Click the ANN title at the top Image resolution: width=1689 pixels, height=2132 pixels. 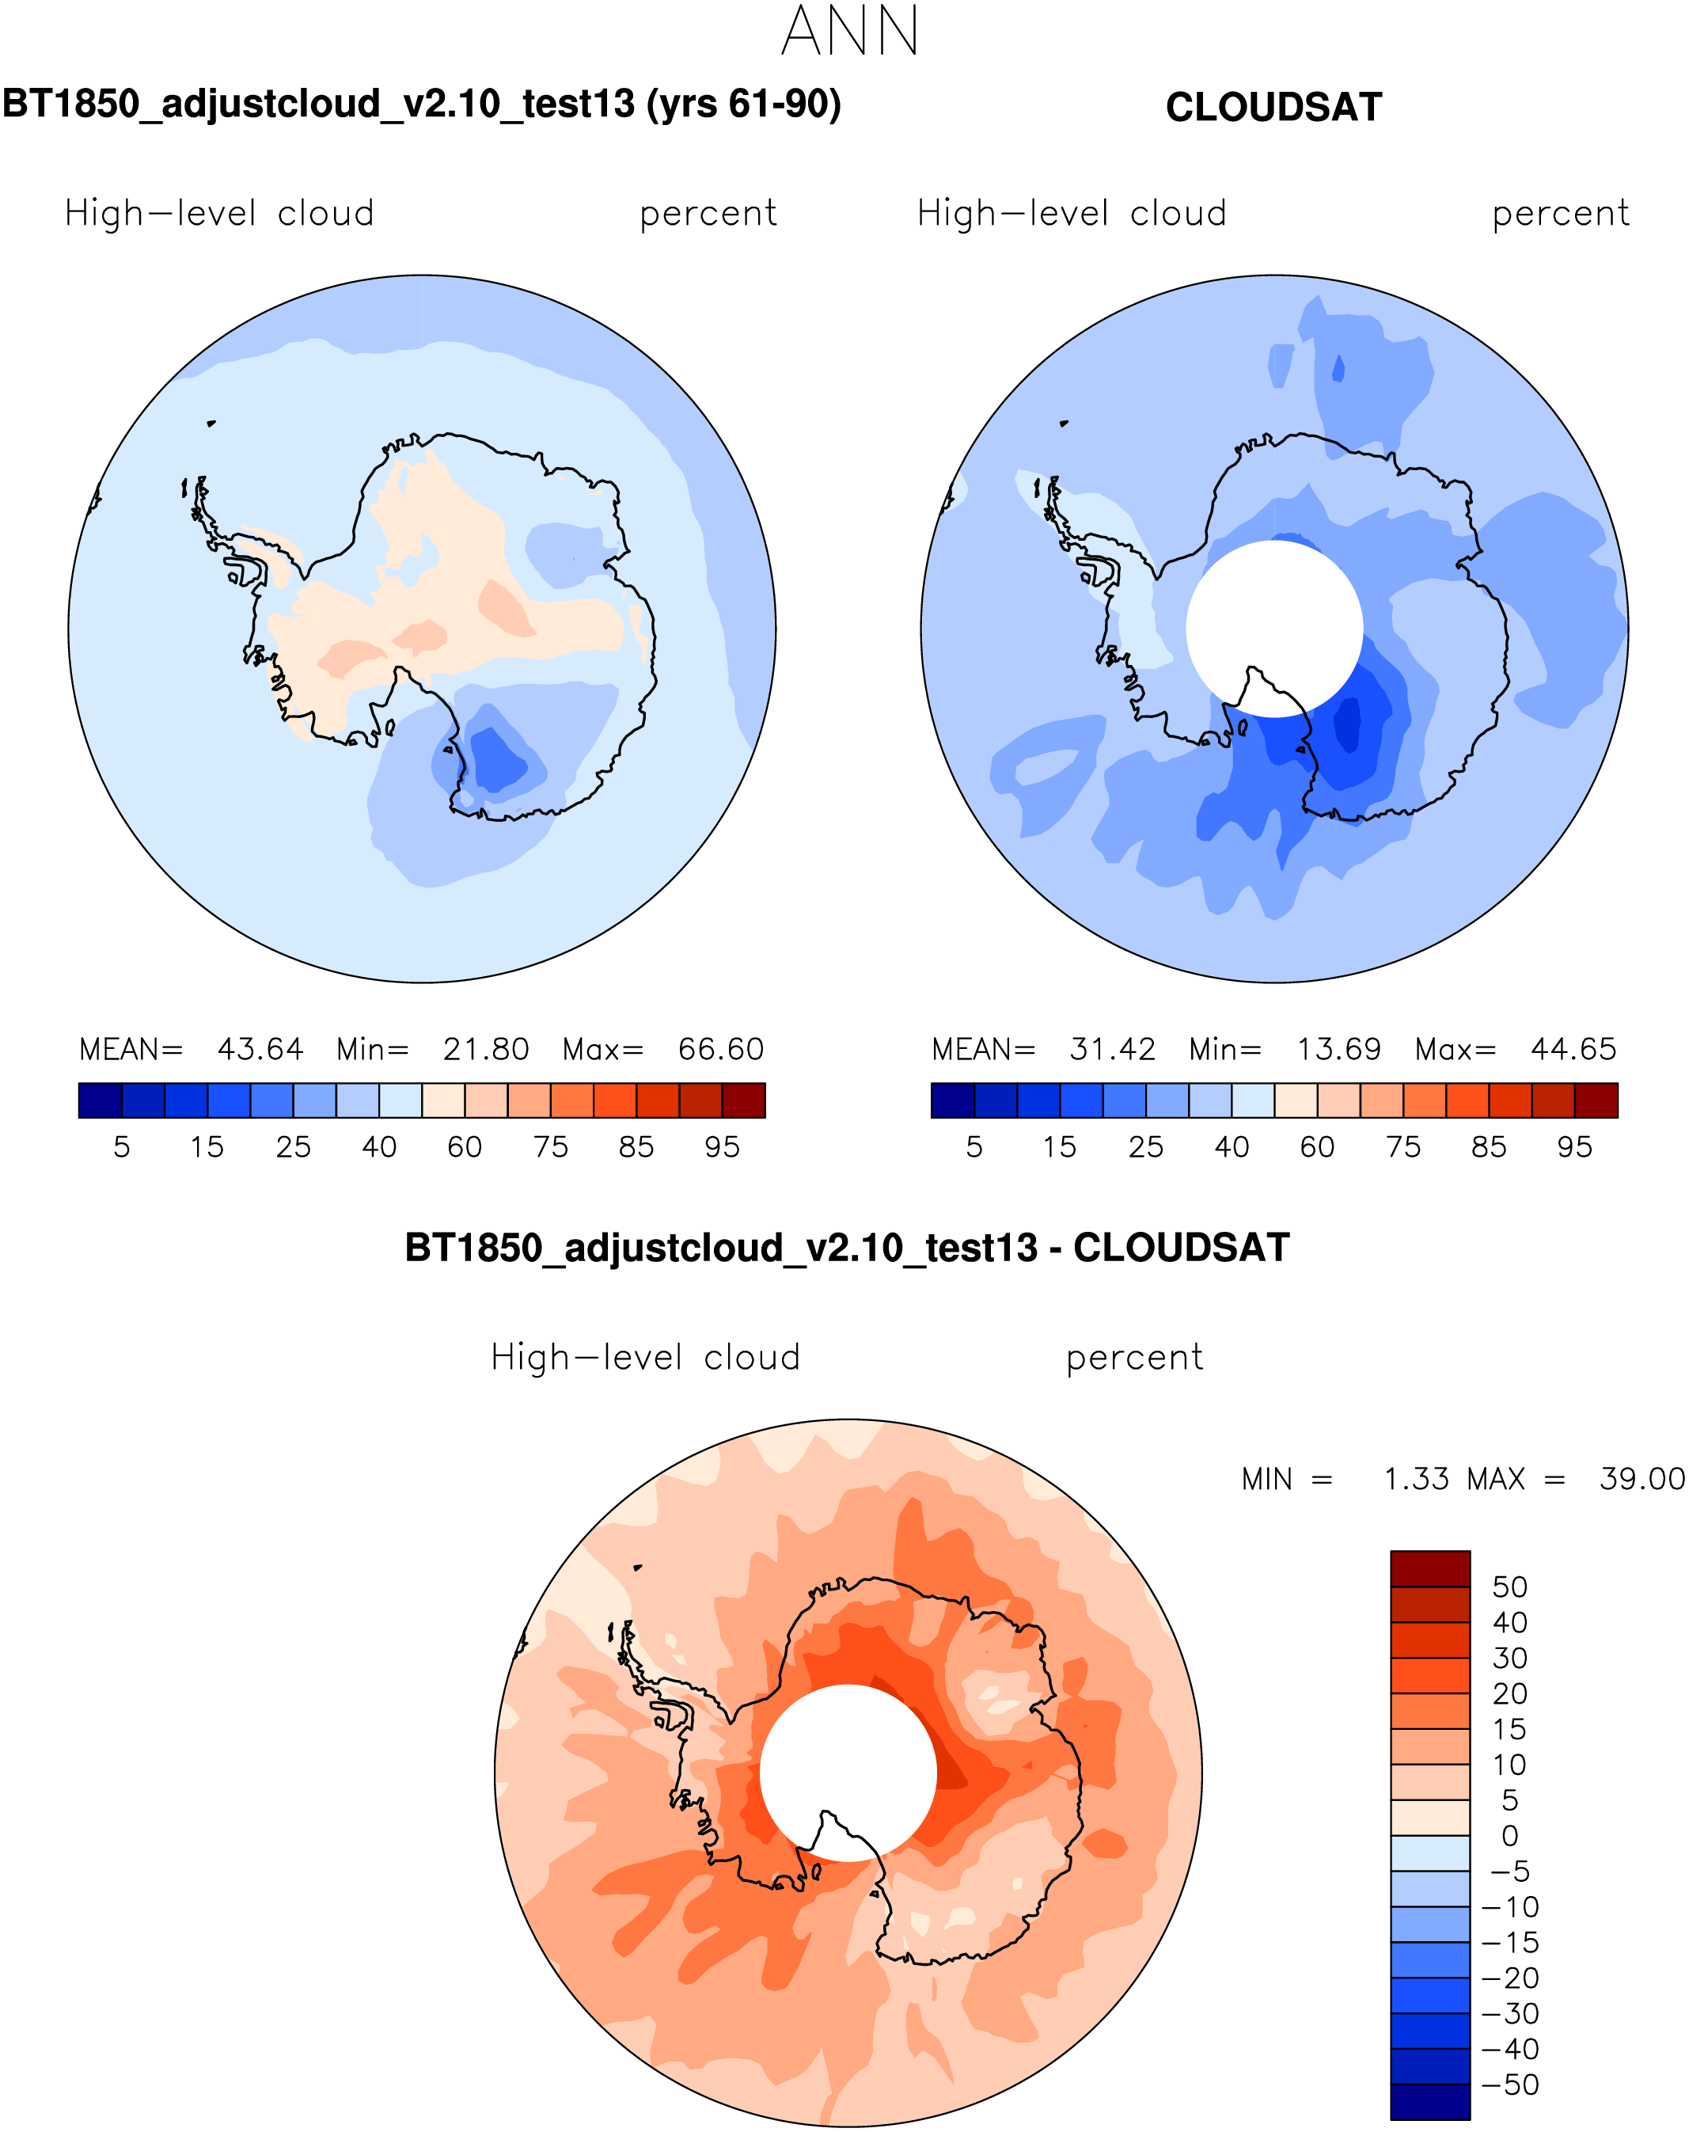[849, 32]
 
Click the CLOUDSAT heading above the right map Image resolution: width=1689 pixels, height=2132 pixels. [1273, 108]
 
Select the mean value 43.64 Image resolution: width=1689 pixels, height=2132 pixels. [260, 1049]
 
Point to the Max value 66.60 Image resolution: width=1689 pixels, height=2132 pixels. [721, 1049]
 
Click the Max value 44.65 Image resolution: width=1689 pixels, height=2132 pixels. [1573, 1049]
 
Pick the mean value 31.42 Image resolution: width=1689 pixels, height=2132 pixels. [1113, 1049]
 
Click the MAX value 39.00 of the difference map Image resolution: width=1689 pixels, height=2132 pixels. [1642, 1480]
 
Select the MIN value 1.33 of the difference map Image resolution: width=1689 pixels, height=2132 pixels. [1416, 1480]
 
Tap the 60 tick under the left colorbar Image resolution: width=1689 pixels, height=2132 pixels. [465, 1147]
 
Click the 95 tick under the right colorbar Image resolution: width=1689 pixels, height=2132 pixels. [1574, 1147]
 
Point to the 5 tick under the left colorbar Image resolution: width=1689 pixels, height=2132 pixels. [122, 1147]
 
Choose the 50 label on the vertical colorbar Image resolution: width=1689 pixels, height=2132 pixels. [1509, 1587]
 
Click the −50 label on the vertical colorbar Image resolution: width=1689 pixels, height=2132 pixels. [1509, 2085]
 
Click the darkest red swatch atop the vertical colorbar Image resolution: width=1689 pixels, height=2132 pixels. [1430, 1569]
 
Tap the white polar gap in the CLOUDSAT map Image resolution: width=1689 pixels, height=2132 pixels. [1273, 613]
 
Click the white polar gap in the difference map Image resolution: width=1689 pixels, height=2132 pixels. [848, 1760]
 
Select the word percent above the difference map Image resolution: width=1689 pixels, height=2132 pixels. [1134, 1359]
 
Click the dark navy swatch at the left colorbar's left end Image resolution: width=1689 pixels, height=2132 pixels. [100, 1100]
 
